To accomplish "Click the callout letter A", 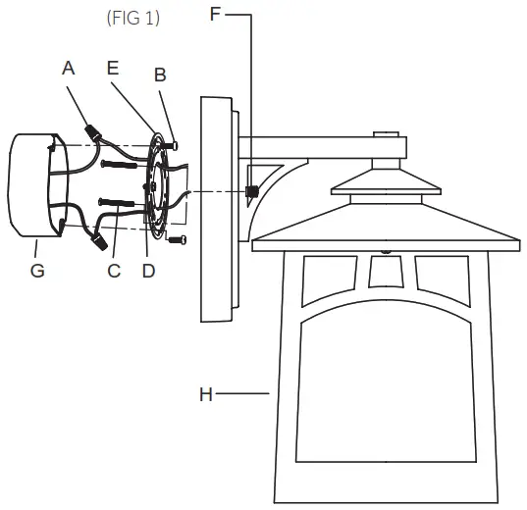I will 68,68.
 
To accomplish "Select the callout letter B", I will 160,75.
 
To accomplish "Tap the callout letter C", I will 114,271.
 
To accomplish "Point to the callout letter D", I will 148,271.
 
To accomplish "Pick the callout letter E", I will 113,68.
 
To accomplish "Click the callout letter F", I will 217,14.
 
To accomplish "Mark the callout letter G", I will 37,271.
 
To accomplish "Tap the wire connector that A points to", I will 96,131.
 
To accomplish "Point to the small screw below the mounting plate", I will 178,238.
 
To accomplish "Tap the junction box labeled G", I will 31,186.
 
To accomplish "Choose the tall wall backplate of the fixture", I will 217,208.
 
